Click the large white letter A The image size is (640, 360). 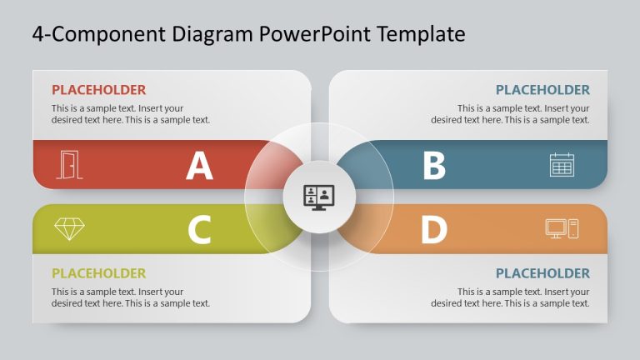(199, 166)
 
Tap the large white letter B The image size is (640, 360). (434, 166)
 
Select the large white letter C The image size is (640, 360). (199, 230)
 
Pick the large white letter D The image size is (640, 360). (433, 230)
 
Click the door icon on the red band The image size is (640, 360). (70, 164)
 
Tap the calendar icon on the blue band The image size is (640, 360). (562, 164)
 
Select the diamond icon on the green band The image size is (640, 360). (69, 228)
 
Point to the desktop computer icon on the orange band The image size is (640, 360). (562, 228)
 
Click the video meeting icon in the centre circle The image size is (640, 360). (319, 197)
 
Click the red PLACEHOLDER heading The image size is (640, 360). (98, 90)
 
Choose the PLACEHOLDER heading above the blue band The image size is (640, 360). (542, 90)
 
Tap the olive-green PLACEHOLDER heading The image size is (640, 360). (98, 273)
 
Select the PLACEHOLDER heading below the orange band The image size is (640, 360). (542, 273)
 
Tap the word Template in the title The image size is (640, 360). (420, 34)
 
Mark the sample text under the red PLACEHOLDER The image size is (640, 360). (130, 114)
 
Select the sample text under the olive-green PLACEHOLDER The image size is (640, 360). (130, 297)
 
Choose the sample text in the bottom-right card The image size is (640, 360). (510, 297)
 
